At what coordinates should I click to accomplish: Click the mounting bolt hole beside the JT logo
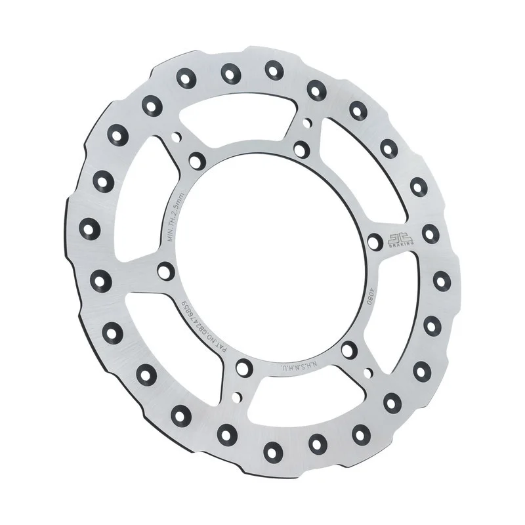tap(375, 242)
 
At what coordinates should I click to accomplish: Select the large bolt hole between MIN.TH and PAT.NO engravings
tap(166, 270)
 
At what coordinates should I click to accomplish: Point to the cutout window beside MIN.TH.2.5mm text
tap(138, 197)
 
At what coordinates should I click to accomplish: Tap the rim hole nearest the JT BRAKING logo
tap(430, 232)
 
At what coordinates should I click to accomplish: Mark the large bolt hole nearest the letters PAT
tap(243, 367)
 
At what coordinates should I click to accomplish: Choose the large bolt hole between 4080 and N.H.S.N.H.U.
tap(349, 349)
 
